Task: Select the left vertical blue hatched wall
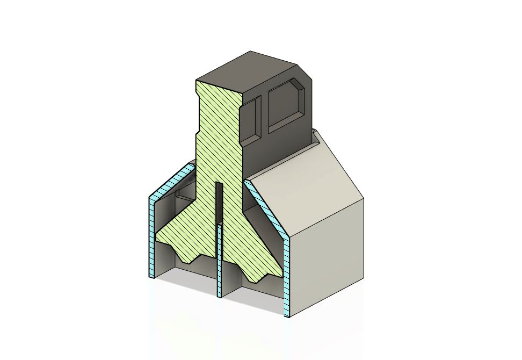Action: click(151, 236)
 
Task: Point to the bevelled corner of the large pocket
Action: click(298, 84)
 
